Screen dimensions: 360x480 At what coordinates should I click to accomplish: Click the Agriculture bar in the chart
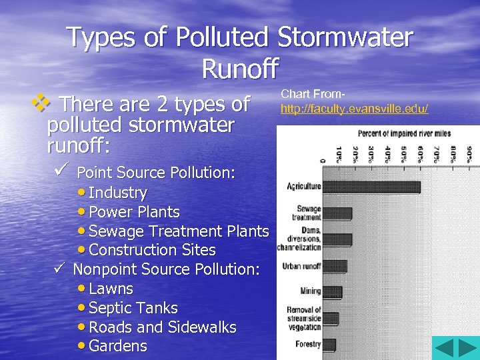click(371, 187)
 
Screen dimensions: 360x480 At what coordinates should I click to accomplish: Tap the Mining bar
click(332, 292)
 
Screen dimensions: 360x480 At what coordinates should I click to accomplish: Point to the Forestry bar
click(329, 345)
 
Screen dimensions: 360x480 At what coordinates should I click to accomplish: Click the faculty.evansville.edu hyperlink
click(354, 108)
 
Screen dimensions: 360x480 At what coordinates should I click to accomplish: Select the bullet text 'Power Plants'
click(134, 212)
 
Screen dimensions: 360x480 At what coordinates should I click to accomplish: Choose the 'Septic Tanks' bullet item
click(133, 308)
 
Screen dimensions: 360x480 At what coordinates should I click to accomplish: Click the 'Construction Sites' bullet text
click(152, 250)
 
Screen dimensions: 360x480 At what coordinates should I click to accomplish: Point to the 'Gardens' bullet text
click(117, 346)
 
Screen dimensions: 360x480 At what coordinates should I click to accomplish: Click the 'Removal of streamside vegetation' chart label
click(304, 319)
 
